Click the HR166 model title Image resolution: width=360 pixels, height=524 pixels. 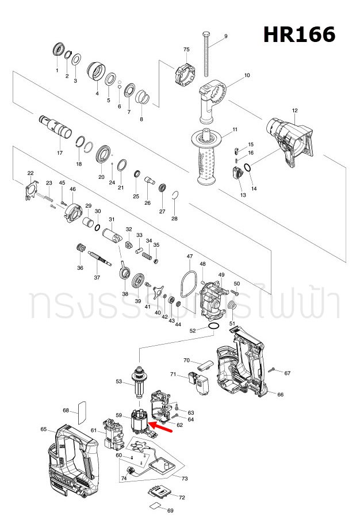pos(299,35)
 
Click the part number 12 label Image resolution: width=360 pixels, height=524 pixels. pos(295,110)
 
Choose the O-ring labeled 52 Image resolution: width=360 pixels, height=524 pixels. pos(213,327)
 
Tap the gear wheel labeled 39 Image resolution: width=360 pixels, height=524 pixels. pos(137,281)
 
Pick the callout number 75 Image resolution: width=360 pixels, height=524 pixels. pos(186,50)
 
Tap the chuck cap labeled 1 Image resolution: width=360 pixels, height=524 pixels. pos(58,49)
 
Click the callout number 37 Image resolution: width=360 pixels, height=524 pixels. pos(97,278)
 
